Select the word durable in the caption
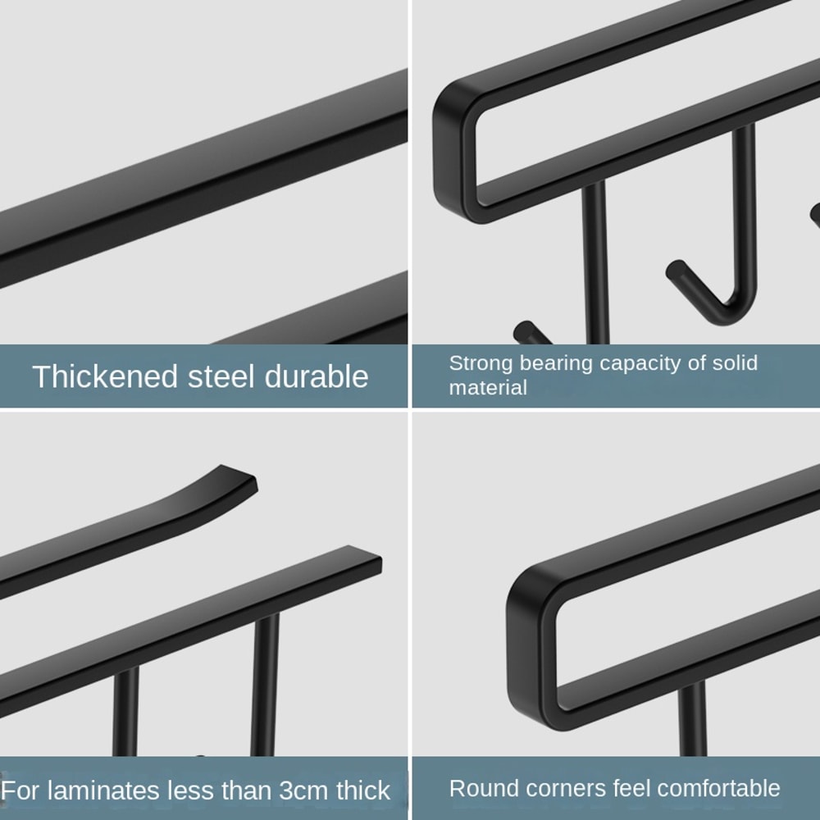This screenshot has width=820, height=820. pos(317,376)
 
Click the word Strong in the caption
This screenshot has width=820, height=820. pos(481,363)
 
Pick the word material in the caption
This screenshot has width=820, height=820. pos(488,388)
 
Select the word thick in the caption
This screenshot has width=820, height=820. pos(363,790)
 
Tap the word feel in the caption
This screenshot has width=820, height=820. pos(632,789)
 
